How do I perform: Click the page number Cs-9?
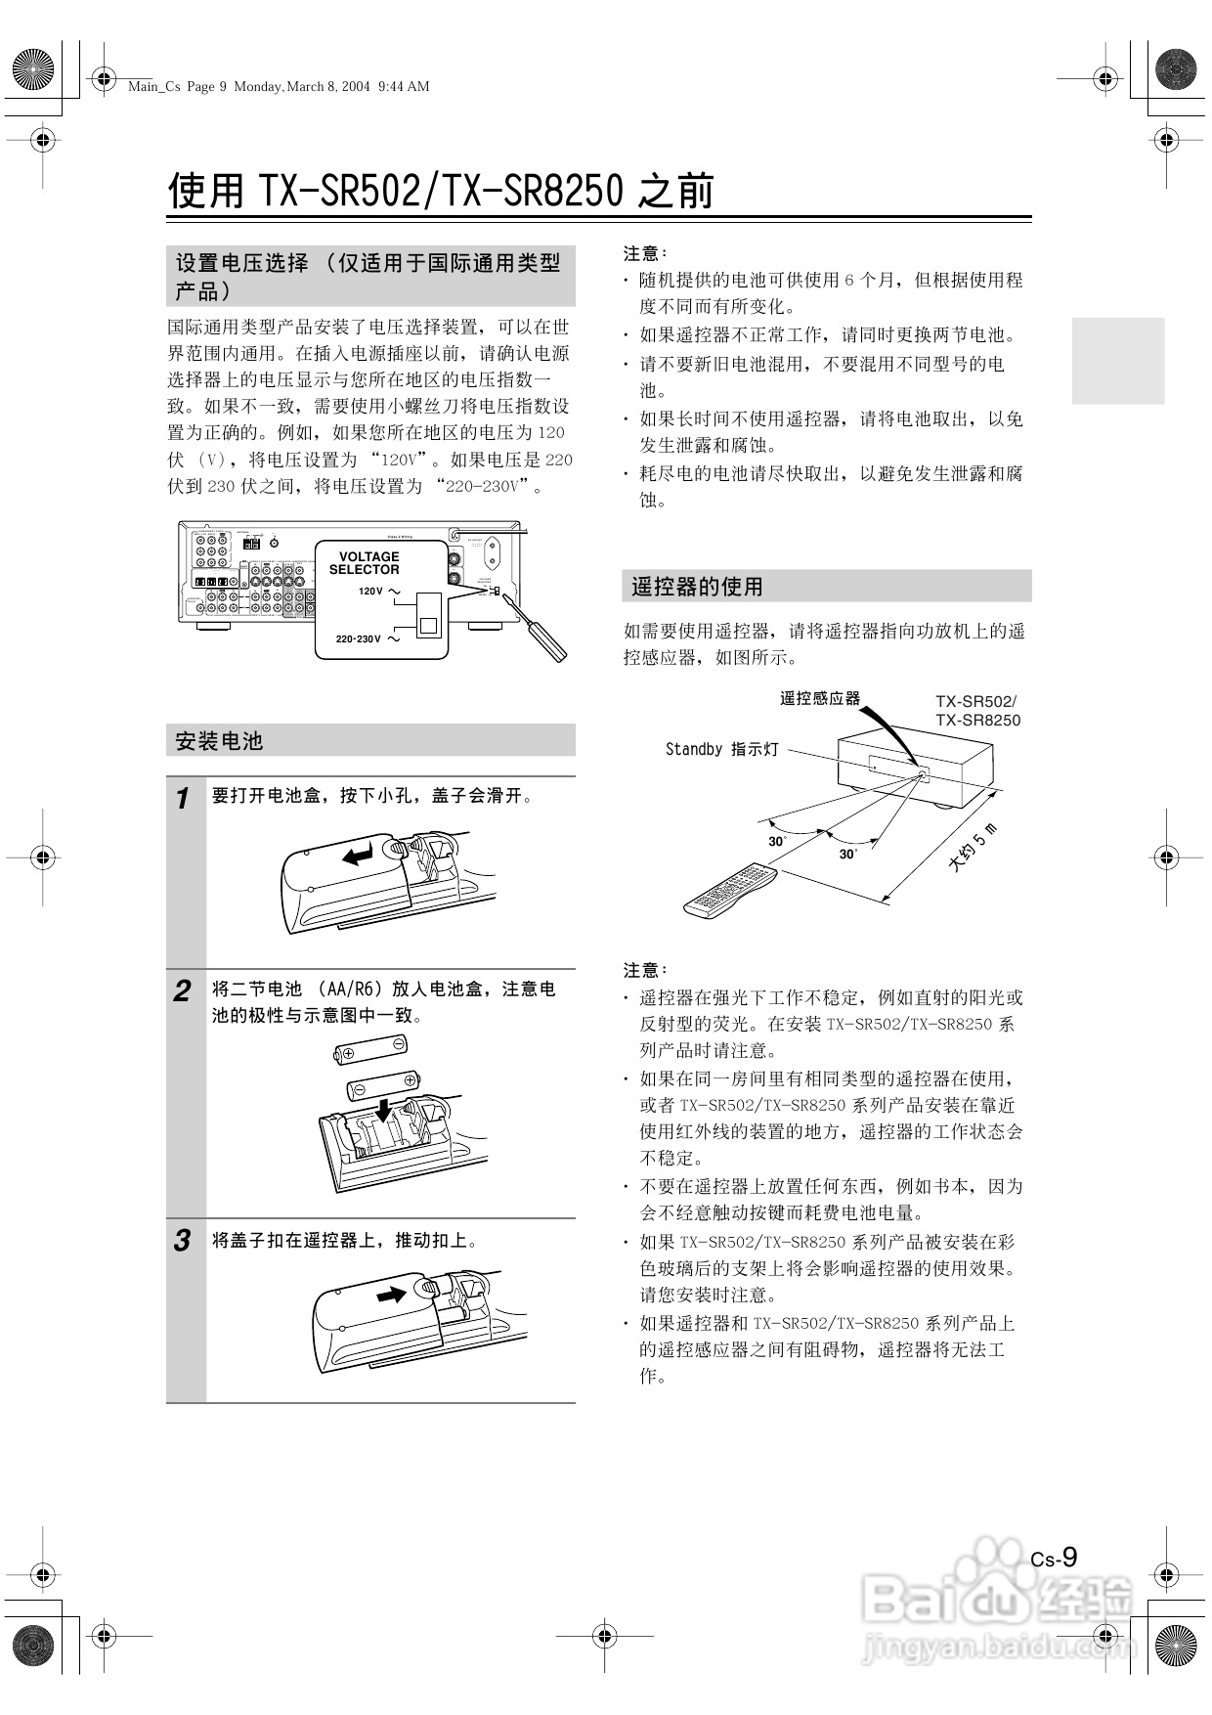[x=1055, y=1558]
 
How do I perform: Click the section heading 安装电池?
[x=219, y=741]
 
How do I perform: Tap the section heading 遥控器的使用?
[x=697, y=587]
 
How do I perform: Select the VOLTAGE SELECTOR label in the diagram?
[x=364, y=563]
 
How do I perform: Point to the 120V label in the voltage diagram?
[x=370, y=592]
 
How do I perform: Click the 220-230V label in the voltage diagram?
[x=358, y=638]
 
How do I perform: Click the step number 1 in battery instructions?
[x=182, y=799]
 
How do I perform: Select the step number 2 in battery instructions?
[x=182, y=991]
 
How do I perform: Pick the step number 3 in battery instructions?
[x=182, y=1242]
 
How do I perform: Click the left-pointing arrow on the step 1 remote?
[x=358, y=856]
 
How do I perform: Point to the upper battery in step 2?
[x=371, y=1051]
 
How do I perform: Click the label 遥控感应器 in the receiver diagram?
[x=819, y=698]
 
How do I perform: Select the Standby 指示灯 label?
[x=721, y=749]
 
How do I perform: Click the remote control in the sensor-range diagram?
[x=729, y=889]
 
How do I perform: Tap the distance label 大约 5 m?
[x=973, y=848]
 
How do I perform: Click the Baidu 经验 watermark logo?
[x=997, y=1601]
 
